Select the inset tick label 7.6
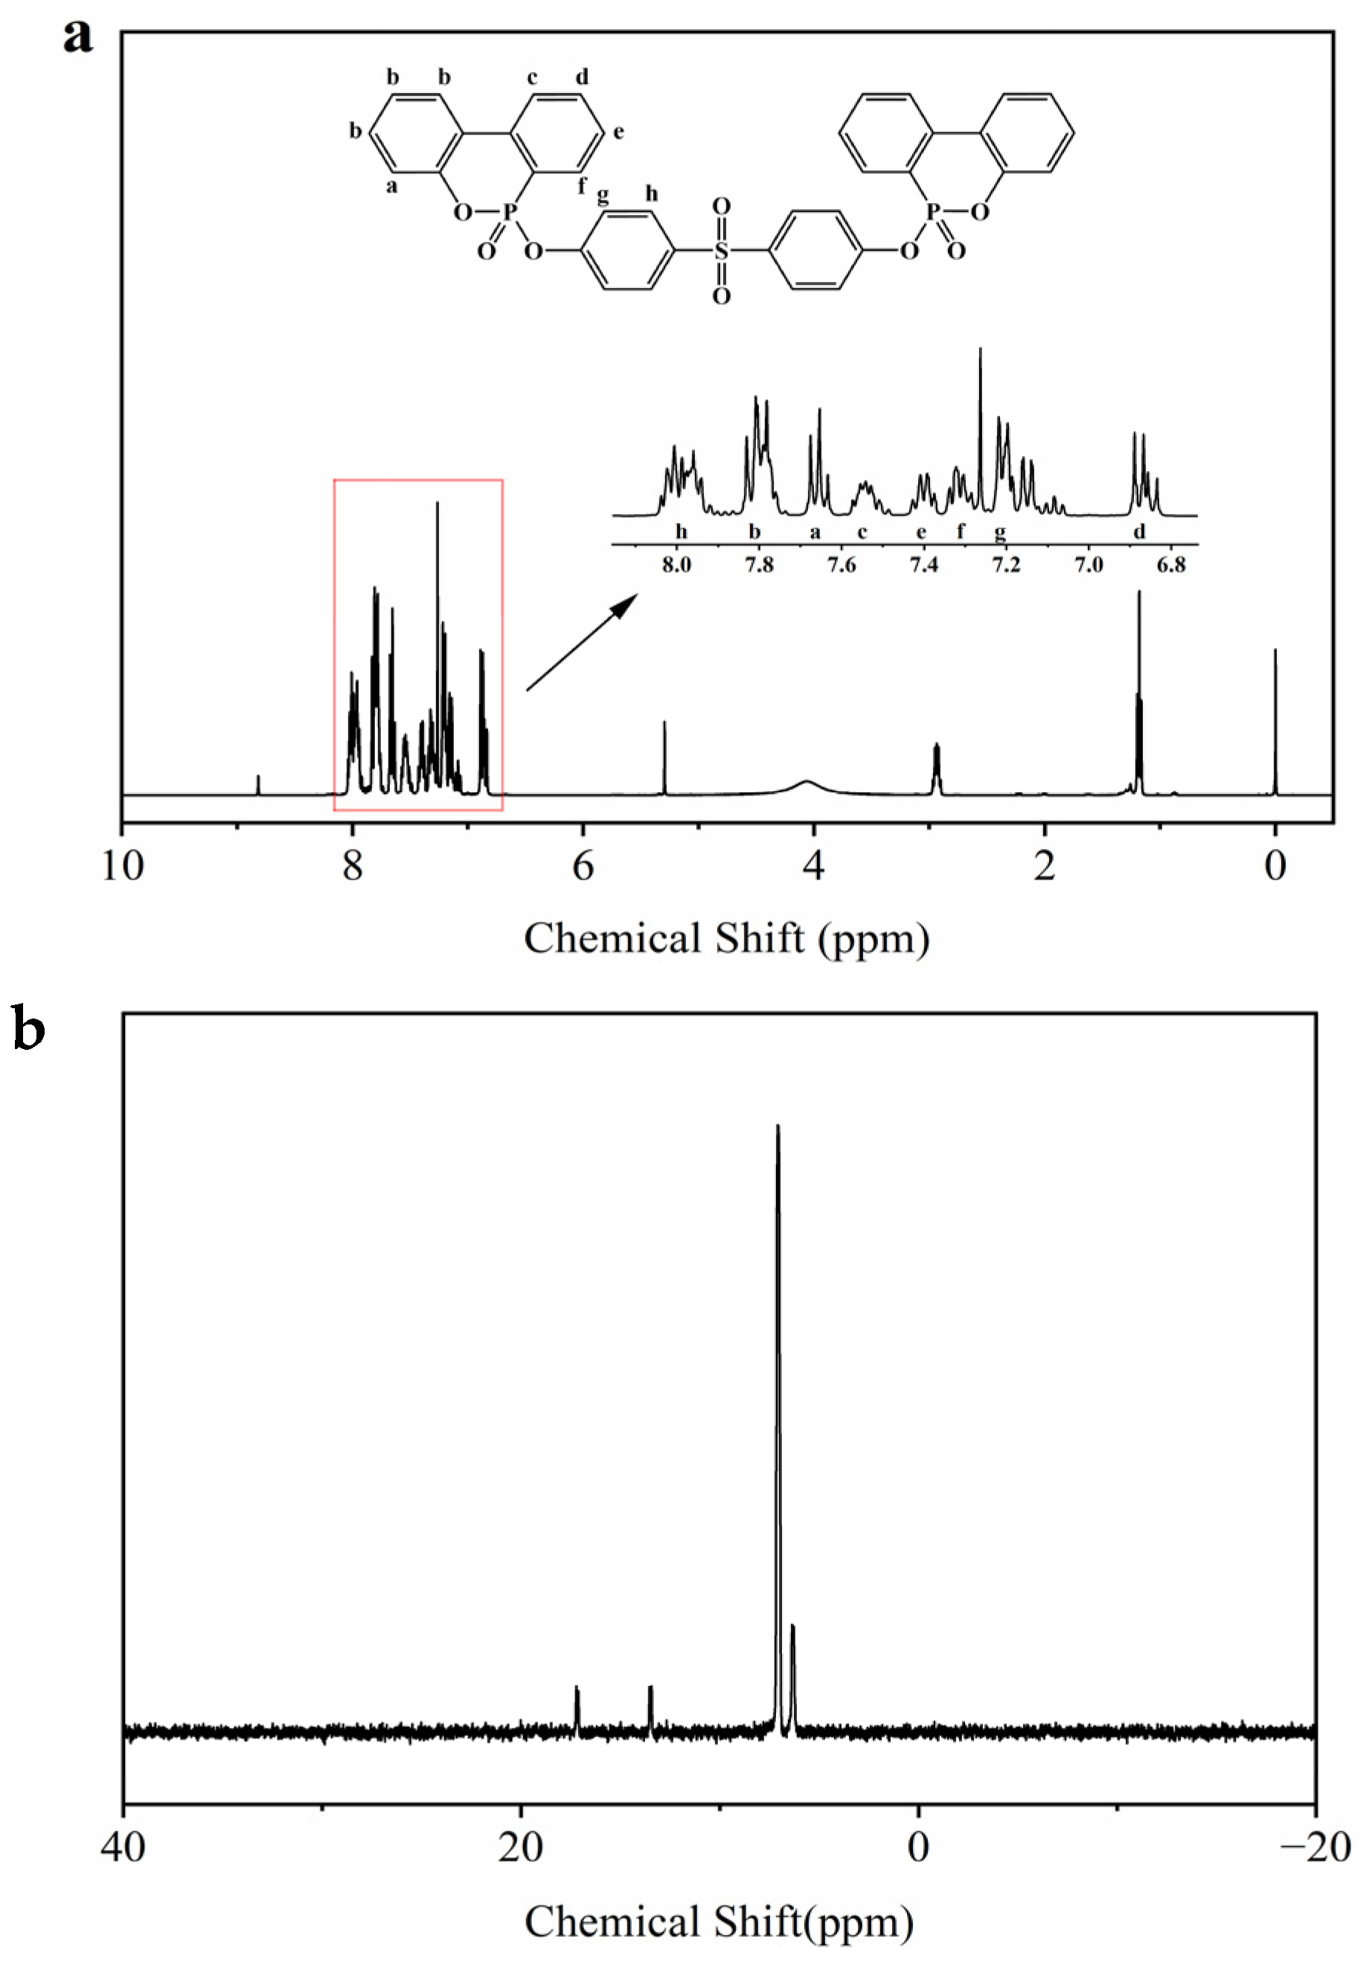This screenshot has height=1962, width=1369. click(x=841, y=565)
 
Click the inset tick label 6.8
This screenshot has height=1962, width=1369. click(x=1171, y=565)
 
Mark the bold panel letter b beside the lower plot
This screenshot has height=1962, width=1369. click(x=29, y=1030)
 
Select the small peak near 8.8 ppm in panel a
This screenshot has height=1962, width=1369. click(x=258, y=784)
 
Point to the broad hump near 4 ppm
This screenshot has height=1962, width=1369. click(x=807, y=783)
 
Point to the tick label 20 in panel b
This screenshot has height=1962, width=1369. click(x=520, y=1847)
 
